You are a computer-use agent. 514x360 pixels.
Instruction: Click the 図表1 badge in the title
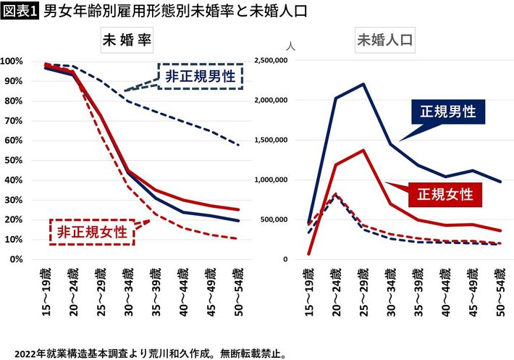click(x=20, y=12)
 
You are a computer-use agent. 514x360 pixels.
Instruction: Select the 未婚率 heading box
click(x=127, y=41)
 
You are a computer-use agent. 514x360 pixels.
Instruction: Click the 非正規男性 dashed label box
click(x=201, y=75)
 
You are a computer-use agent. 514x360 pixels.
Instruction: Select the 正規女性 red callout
click(x=444, y=194)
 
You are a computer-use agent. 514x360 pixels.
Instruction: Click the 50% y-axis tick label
click(x=14, y=159)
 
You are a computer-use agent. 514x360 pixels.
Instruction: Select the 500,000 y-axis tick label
click(x=273, y=219)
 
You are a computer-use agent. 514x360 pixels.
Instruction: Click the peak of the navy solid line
click(x=362, y=84)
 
